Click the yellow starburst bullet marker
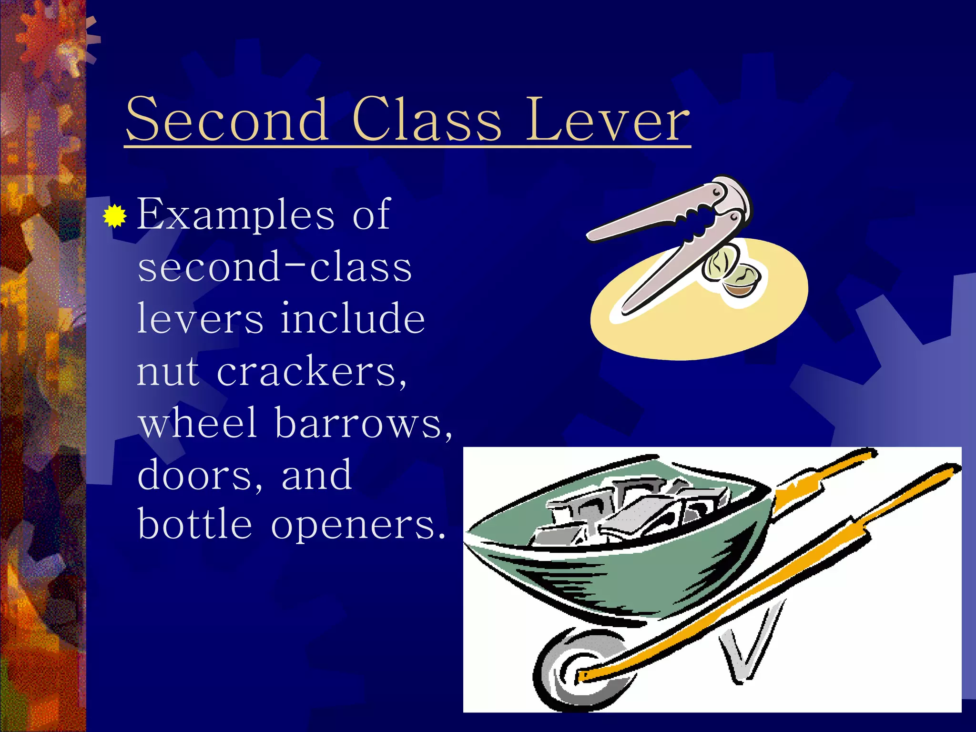coord(114,217)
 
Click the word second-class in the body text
coord(274,267)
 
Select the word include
coord(352,318)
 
